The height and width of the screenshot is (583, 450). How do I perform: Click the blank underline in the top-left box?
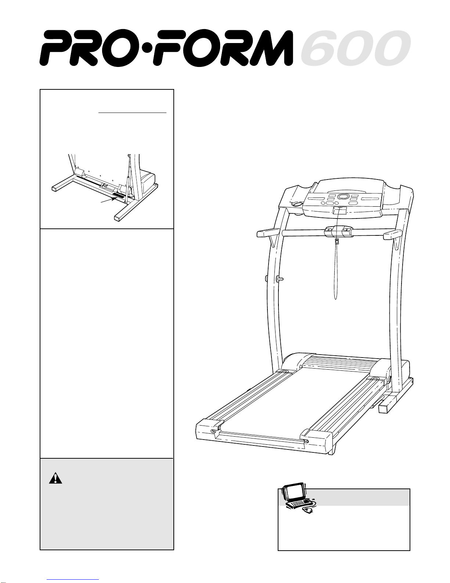pyautogui.click(x=133, y=113)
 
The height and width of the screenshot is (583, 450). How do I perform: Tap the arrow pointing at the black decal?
pyautogui.click(x=108, y=200)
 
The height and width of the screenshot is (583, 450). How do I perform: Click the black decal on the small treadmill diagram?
pyautogui.click(x=119, y=195)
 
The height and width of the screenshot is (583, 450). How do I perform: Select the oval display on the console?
pyautogui.click(x=343, y=197)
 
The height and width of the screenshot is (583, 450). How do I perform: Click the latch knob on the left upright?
pyautogui.click(x=280, y=279)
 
